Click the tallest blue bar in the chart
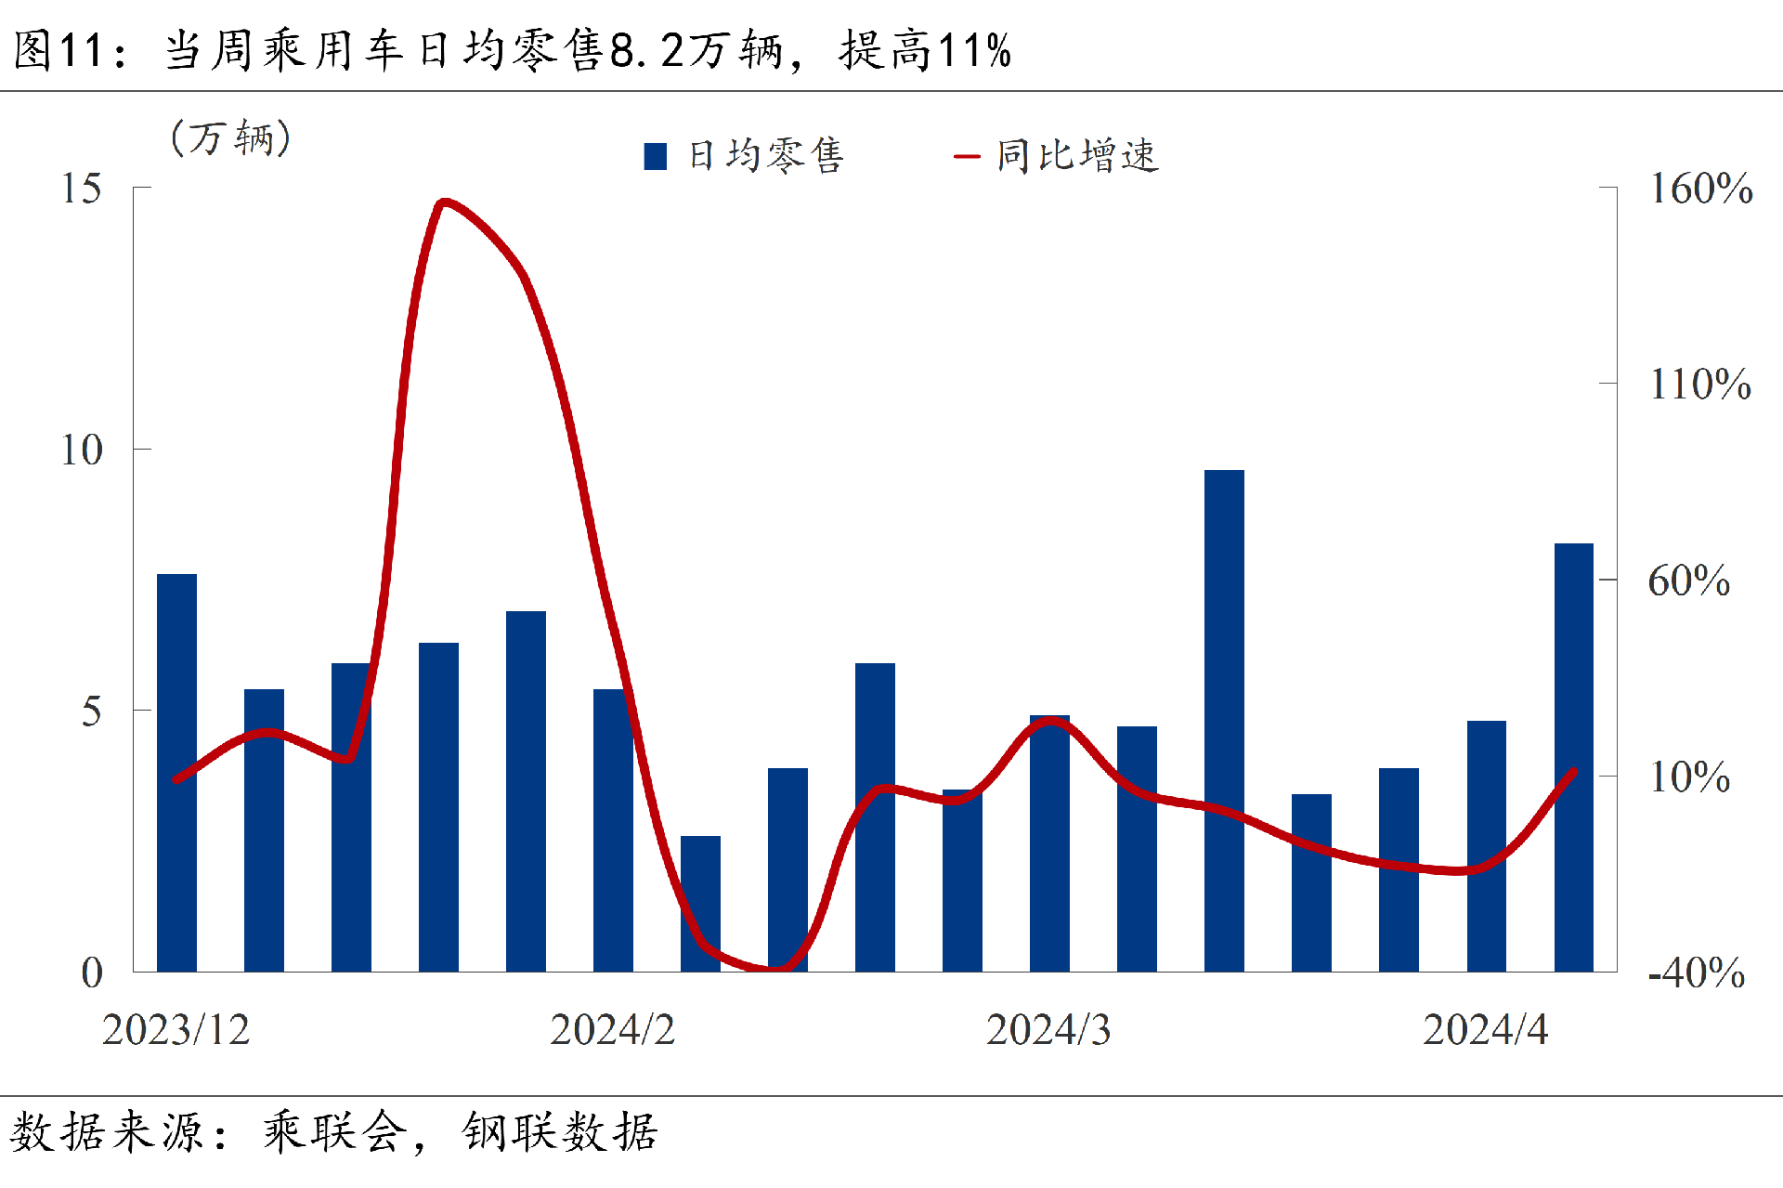click(1224, 720)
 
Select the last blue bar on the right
click(1573, 757)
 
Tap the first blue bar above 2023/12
click(176, 772)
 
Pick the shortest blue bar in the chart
click(700, 903)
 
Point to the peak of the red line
click(446, 201)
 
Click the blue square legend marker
click(656, 156)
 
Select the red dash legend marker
click(967, 156)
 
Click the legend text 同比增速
click(1077, 156)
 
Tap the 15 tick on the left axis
click(82, 189)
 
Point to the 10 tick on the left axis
click(82, 450)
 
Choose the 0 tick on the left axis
click(92, 973)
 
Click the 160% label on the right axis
click(1700, 189)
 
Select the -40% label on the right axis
click(1696, 973)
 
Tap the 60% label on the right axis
click(1688, 581)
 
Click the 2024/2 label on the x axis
click(612, 1030)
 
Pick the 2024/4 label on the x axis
click(1485, 1030)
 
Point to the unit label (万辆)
click(231, 138)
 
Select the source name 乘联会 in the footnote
click(334, 1132)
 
